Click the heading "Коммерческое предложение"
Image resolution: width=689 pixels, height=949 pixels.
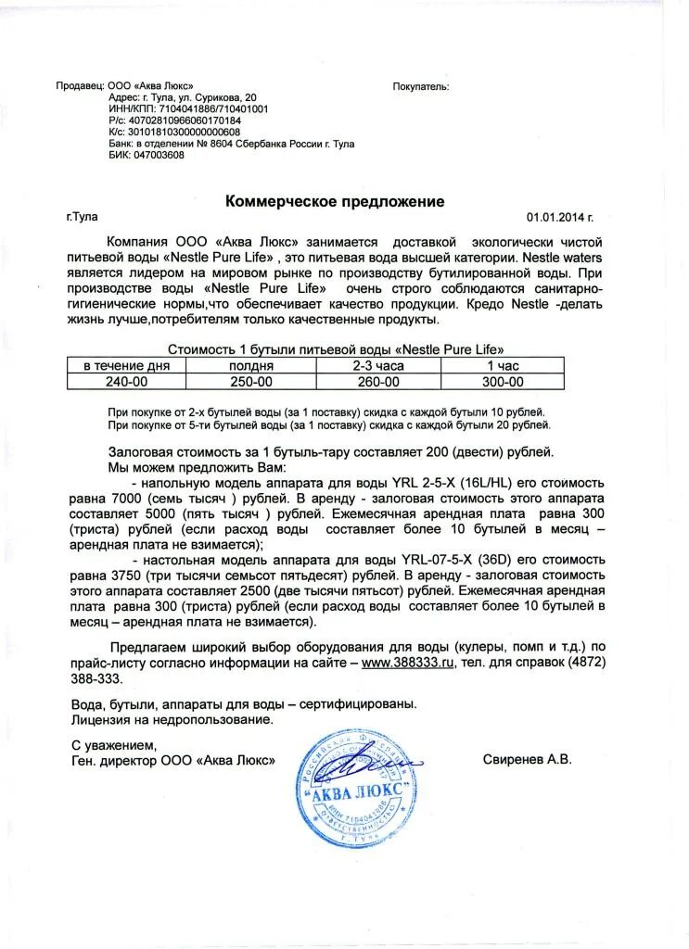(x=336, y=201)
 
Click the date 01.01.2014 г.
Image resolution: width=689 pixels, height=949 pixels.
(x=559, y=218)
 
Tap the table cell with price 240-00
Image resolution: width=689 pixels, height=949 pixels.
(x=126, y=381)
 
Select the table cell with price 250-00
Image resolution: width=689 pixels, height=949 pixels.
(x=250, y=381)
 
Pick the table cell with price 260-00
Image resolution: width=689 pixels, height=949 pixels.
(x=377, y=381)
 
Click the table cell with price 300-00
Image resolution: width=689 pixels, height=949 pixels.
(x=503, y=381)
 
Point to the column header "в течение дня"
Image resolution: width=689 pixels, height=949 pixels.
(x=126, y=366)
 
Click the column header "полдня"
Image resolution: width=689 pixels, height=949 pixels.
(x=250, y=366)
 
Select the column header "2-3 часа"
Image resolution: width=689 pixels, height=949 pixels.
(x=377, y=366)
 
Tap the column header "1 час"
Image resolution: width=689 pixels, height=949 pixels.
(x=503, y=366)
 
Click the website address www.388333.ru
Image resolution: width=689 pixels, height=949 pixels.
(x=407, y=664)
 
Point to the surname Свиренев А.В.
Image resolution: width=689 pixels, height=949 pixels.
(x=527, y=759)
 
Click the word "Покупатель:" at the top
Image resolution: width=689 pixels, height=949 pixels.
(x=420, y=86)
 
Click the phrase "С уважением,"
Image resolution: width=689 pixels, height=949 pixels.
(x=114, y=744)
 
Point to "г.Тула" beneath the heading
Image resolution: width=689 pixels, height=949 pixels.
(x=82, y=217)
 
